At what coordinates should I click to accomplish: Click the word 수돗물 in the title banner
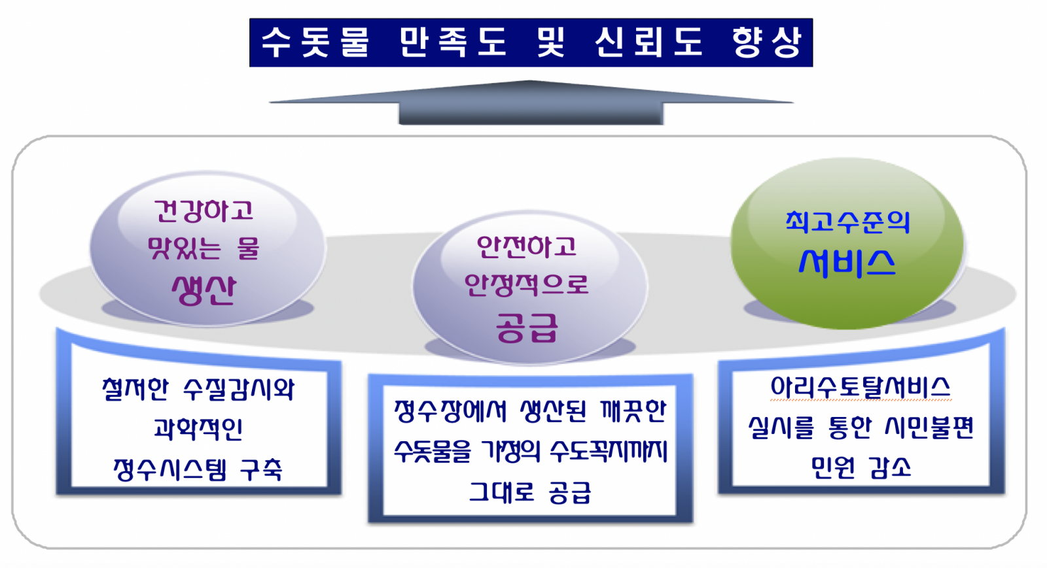click(x=315, y=42)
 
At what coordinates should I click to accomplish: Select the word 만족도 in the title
click(x=453, y=42)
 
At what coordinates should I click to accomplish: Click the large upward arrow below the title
click(x=531, y=103)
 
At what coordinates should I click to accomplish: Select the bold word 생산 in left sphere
click(x=204, y=290)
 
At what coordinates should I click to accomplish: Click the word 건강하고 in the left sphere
click(x=204, y=210)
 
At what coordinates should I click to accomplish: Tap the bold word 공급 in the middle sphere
click(x=527, y=327)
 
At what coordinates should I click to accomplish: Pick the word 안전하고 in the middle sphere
click(x=527, y=246)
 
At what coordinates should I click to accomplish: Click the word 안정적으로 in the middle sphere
click(x=527, y=284)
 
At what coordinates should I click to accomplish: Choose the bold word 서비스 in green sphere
click(x=847, y=263)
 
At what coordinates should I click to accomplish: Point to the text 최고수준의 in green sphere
click(x=847, y=222)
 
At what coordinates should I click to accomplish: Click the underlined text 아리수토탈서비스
click(x=861, y=388)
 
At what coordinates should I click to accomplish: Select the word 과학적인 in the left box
click(x=198, y=429)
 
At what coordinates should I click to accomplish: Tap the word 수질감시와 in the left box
click(x=238, y=390)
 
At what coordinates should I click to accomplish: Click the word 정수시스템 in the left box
click(x=170, y=469)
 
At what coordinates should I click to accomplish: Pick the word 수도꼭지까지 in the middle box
click(x=609, y=451)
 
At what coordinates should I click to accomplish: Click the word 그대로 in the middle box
click(x=501, y=492)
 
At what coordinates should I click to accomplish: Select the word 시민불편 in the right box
click(x=930, y=427)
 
